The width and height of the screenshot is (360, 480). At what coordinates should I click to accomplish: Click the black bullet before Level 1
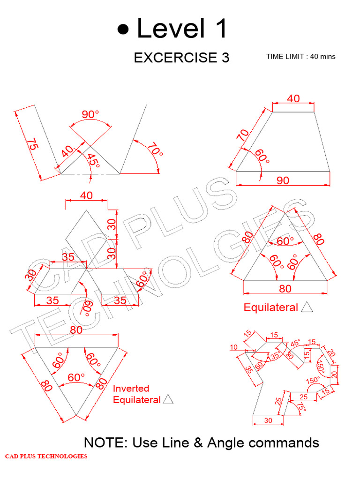pos(123,30)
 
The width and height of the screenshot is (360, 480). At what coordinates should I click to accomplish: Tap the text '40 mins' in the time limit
pos(322,57)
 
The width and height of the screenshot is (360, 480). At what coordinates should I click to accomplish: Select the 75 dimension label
pos(32,144)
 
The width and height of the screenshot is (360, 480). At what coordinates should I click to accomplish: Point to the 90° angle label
pos(90,114)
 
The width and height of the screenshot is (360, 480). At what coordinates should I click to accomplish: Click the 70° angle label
pos(155,150)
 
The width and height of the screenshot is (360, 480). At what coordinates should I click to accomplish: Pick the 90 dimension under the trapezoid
pos(283,180)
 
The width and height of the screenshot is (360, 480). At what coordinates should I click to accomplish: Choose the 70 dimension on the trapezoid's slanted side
pos(243,135)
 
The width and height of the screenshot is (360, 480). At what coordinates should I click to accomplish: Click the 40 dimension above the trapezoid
pos(293,98)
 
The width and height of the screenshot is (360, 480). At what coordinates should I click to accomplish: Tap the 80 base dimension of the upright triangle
pos(285,289)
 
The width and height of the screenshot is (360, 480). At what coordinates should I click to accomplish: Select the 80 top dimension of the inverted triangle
pos(76,330)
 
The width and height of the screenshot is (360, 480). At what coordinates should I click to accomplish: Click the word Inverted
pos(131,389)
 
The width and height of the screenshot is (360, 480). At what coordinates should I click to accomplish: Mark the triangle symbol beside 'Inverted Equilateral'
pos(168,399)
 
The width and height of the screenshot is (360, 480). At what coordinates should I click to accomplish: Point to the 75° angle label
pos(301,407)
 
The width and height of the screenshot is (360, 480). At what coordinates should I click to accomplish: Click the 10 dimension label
pos(233,347)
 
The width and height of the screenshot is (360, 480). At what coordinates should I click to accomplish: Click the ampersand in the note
pos(198,442)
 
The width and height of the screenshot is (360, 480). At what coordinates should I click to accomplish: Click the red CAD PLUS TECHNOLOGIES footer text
pos(46,456)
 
